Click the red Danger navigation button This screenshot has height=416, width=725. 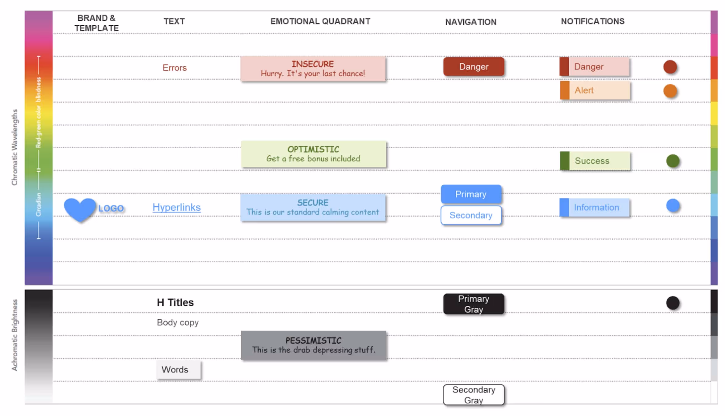(x=473, y=66)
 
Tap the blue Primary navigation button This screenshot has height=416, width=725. (x=470, y=194)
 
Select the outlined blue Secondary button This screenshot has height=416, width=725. (x=470, y=215)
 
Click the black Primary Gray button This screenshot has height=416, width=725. (x=473, y=304)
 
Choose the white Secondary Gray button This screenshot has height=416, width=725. (x=473, y=395)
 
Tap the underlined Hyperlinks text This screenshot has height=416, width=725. (x=176, y=207)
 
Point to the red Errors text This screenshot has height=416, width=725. (x=175, y=68)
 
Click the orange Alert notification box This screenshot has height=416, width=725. (x=595, y=90)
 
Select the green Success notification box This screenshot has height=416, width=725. (x=595, y=161)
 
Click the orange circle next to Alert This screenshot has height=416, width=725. (x=670, y=91)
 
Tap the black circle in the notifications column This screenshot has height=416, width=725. (x=672, y=303)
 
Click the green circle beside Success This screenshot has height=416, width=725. (x=672, y=161)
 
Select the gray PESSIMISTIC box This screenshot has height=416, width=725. (x=313, y=345)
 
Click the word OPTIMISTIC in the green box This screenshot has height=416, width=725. (x=313, y=149)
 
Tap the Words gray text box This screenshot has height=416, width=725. (x=178, y=369)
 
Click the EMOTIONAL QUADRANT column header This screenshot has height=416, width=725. (x=320, y=21)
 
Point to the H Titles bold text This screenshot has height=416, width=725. (x=175, y=302)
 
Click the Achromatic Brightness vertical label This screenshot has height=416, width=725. (x=15, y=335)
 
